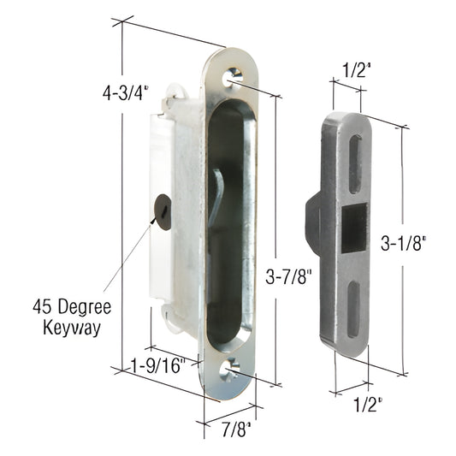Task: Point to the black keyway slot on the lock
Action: (x=160, y=210)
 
